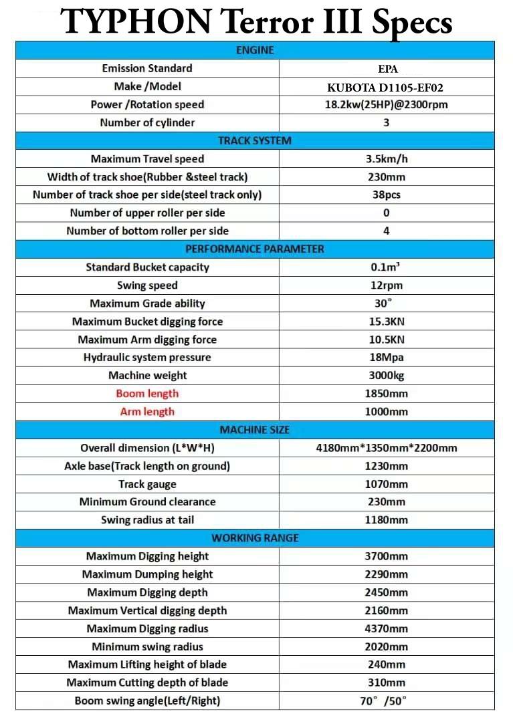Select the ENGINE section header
point(255,50)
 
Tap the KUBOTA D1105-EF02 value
point(387,87)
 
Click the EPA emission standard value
point(387,69)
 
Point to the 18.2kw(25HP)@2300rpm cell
point(387,105)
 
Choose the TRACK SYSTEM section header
point(255,140)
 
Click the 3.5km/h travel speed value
point(387,159)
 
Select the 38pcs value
point(387,195)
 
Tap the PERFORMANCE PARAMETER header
point(255,249)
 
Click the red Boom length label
point(147,394)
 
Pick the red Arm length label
point(147,412)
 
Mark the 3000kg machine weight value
point(387,376)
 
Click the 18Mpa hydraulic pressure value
point(387,358)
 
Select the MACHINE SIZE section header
point(255,430)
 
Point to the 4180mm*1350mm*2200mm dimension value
point(387,448)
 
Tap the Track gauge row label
point(147,484)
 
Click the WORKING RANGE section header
point(255,538)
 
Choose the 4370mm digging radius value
point(387,628)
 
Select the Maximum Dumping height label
point(147,574)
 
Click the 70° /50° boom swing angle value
point(387,701)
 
